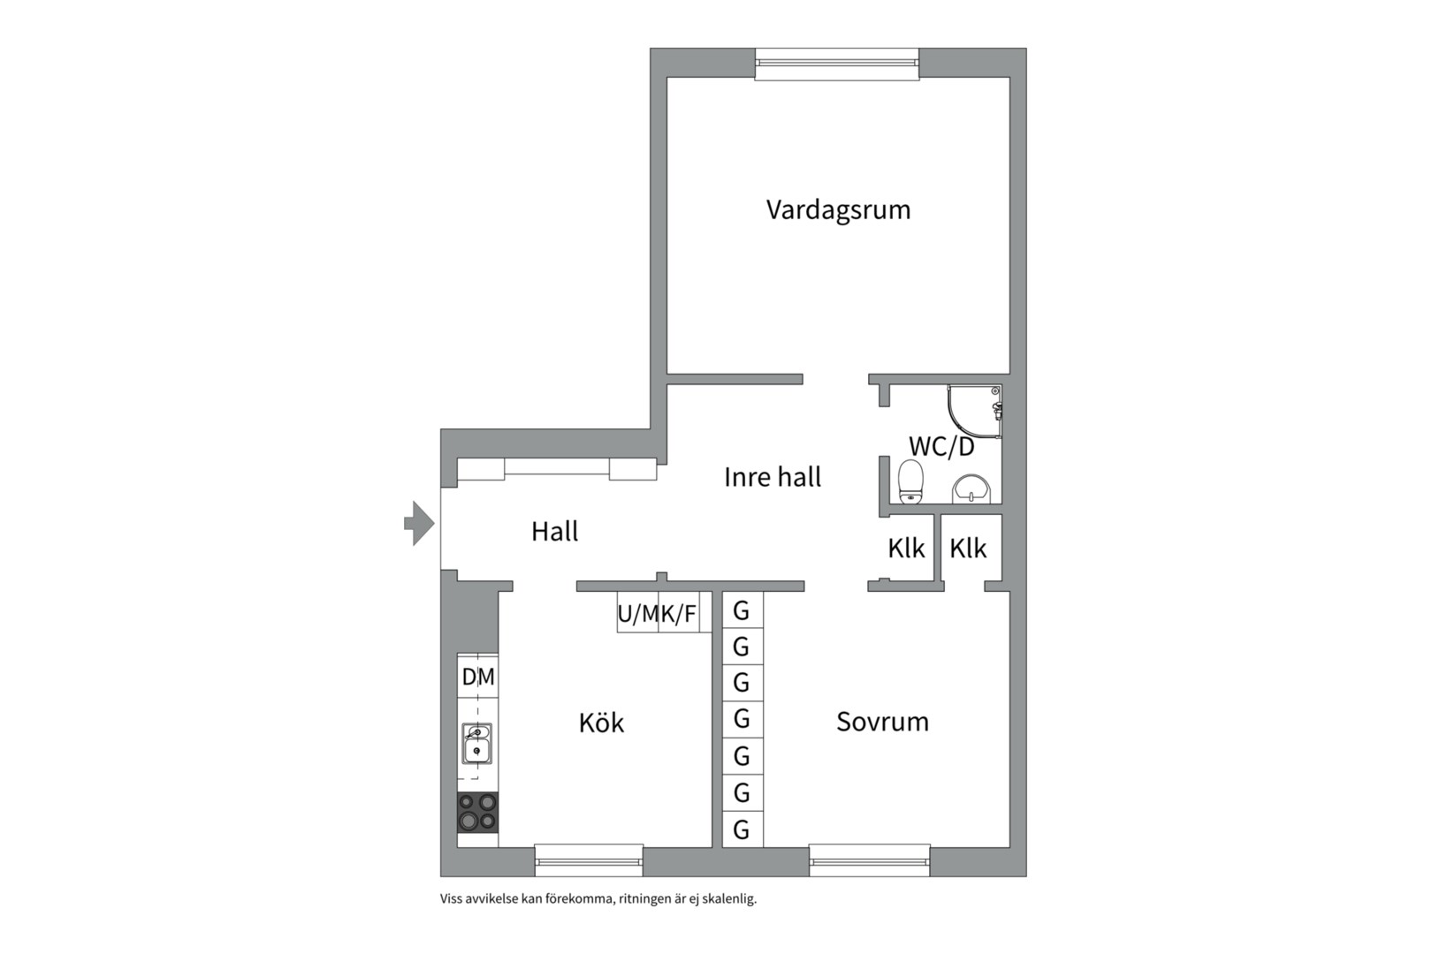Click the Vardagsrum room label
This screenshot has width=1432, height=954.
[x=838, y=210]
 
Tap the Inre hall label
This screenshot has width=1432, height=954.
[x=773, y=477]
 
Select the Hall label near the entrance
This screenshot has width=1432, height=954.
[x=555, y=531]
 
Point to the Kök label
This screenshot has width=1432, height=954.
[x=601, y=722]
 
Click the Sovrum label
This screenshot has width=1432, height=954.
[x=882, y=722]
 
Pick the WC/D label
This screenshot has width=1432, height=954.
[x=941, y=446]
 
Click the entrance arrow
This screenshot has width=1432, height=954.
[x=419, y=523]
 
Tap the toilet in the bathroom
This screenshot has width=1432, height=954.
[x=910, y=481]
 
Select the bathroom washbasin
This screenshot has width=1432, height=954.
[x=971, y=489]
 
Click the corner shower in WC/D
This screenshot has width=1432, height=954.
[x=975, y=411]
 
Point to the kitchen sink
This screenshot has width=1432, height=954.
[x=477, y=743]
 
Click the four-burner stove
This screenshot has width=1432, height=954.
[x=477, y=812]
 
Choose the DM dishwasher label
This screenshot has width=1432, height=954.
[x=478, y=677]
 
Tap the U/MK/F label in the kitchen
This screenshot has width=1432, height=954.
[x=657, y=614]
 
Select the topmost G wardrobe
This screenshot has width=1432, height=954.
[x=742, y=610]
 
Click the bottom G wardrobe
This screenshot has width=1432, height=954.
[x=742, y=830]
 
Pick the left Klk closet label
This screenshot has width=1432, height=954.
[x=906, y=549]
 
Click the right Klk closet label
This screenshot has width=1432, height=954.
[x=968, y=549]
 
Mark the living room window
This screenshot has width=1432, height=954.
[x=837, y=64]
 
